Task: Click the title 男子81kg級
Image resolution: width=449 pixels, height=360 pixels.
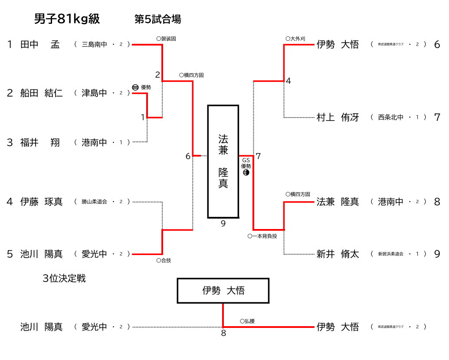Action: (x=67, y=19)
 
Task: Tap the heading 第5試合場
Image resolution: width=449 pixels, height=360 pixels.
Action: (x=157, y=19)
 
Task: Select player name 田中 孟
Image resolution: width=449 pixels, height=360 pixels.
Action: (x=40, y=44)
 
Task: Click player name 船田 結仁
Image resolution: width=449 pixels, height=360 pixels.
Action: (x=41, y=93)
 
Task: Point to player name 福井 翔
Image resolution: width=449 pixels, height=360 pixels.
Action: (x=40, y=142)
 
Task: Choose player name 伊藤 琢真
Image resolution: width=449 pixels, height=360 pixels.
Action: (x=41, y=202)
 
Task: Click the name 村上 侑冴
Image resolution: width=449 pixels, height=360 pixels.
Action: (x=338, y=117)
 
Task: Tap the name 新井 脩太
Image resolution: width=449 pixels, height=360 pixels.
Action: (x=338, y=254)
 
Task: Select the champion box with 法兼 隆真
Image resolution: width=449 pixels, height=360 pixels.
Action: (x=223, y=161)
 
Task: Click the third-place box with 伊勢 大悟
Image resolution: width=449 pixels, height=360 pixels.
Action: (x=223, y=291)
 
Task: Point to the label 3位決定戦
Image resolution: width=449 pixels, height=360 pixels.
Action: (x=64, y=278)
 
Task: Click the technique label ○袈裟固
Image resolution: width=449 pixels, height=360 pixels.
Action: (x=166, y=39)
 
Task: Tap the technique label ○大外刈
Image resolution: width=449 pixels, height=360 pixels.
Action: (x=295, y=39)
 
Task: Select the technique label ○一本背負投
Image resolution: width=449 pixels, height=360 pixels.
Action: (x=262, y=236)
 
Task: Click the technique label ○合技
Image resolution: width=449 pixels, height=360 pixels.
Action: (x=164, y=261)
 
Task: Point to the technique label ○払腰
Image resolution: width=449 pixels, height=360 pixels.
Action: (x=247, y=321)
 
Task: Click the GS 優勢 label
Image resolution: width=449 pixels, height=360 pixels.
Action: (x=246, y=164)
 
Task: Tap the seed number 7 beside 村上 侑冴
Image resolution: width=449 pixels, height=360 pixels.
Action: (x=437, y=117)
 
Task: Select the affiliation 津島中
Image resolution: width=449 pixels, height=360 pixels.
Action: (x=94, y=93)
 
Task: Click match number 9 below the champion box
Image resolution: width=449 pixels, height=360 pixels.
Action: (x=223, y=224)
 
